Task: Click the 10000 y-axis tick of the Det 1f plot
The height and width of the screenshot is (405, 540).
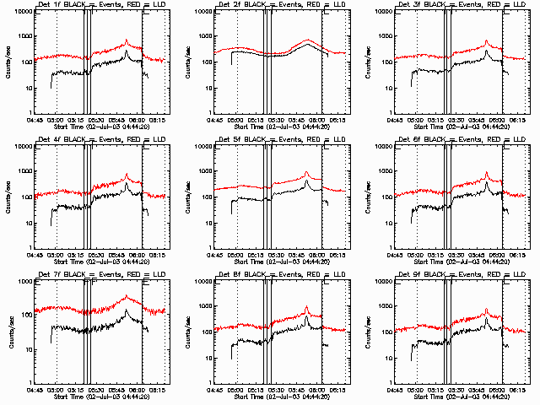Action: (21, 12)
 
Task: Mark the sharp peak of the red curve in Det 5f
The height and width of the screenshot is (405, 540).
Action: (307, 173)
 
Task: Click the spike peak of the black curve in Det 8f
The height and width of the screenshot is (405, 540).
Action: (307, 316)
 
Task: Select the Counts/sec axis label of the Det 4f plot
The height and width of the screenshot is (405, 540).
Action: (8, 196)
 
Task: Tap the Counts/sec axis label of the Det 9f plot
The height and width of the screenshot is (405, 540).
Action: (369, 331)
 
